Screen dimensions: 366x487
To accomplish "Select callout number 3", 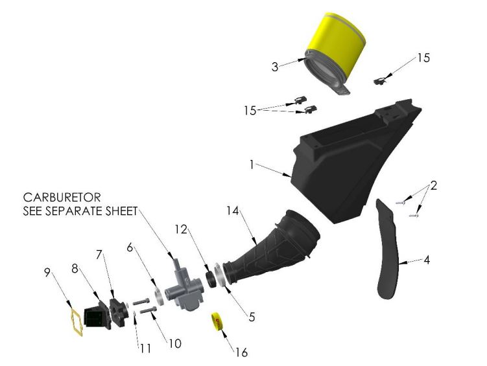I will (276, 67).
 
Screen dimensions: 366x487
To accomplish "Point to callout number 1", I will (251, 165).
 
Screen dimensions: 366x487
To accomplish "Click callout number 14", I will (233, 211).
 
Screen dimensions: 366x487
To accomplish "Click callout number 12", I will (182, 230).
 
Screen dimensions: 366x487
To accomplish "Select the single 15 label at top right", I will (423, 58).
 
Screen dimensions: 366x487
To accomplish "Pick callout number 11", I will (145, 348).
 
